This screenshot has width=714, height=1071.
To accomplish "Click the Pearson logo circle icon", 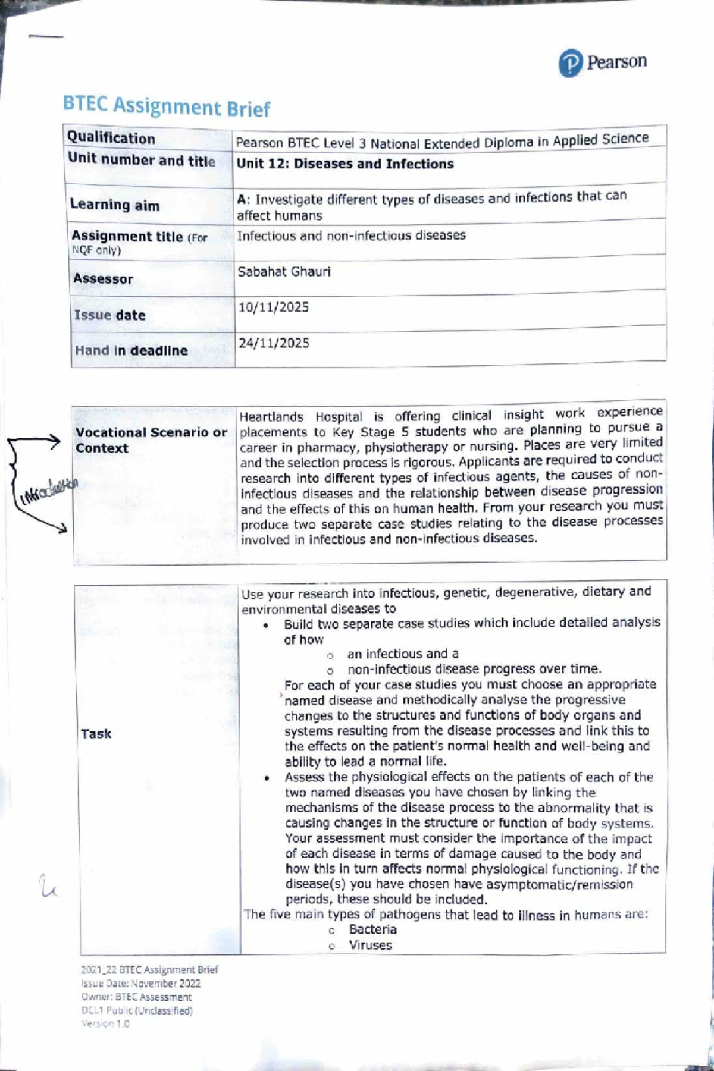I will [569, 64].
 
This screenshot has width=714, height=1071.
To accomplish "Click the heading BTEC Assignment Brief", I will [166, 107].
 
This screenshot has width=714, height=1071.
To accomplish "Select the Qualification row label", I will [111, 138].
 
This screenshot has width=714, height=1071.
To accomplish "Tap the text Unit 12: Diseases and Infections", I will [345, 164].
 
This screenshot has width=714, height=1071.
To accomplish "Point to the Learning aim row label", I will [114, 205].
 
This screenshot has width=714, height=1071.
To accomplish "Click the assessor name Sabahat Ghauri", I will [284, 272].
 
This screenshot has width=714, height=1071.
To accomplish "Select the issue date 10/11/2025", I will [273, 307].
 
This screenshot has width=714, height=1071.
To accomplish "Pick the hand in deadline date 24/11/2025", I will [274, 343].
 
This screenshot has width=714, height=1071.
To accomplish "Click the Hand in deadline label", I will [131, 350].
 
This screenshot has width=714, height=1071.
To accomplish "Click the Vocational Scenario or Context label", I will [151, 440].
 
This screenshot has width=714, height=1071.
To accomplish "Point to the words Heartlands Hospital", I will [300, 417].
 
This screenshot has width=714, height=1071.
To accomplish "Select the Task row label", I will [96, 734].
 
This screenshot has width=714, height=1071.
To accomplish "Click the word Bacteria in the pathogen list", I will [372, 929].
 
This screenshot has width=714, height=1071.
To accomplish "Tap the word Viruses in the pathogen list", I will [370, 945].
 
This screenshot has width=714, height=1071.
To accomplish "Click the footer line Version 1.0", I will [105, 1023].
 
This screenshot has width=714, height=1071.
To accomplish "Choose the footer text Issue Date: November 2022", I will [141, 984].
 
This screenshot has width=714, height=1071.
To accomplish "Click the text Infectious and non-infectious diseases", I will [351, 235].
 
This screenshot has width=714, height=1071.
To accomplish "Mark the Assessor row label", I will [103, 279].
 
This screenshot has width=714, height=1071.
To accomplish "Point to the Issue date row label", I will [109, 315].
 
